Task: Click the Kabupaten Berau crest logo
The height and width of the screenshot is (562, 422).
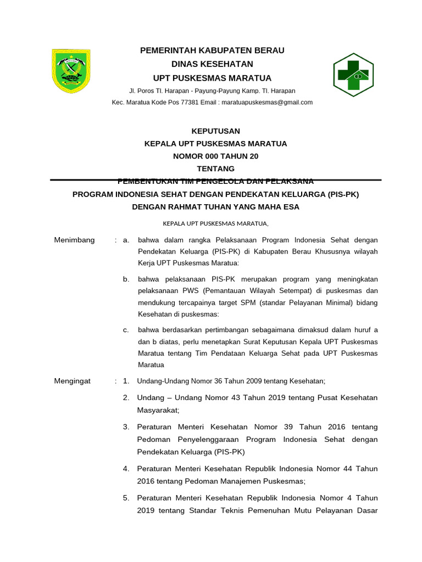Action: [71, 71]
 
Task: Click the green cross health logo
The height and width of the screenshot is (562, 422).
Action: [353, 75]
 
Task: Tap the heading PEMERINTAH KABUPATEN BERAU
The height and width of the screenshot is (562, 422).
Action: [212, 50]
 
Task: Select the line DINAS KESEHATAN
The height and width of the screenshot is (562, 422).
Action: [212, 64]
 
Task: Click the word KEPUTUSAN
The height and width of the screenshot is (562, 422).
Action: [215, 131]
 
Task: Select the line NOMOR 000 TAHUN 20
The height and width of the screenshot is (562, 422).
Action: [215, 156]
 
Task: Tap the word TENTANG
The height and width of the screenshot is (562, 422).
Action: [215, 168]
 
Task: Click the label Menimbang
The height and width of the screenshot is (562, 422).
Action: [75, 240]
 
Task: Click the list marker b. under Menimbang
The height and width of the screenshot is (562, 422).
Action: [126, 279]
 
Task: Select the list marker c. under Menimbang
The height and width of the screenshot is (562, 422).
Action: [126, 329]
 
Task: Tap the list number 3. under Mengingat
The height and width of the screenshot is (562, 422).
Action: [126, 426]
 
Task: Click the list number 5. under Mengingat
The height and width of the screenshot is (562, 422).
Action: [126, 498]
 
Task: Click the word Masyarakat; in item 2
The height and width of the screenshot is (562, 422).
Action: [158, 410]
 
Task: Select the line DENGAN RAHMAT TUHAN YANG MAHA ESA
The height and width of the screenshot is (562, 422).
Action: [215, 207]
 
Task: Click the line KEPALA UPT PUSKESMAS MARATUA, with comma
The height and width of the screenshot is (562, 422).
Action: [215, 223]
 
